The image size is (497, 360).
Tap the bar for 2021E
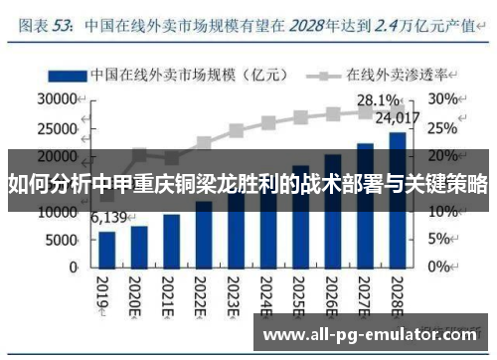(x=171, y=239)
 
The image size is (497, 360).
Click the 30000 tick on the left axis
(x=58, y=99)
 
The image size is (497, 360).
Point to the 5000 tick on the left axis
(x=63, y=241)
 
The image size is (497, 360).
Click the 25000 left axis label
(x=58, y=127)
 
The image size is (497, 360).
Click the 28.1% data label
(x=378, y=100)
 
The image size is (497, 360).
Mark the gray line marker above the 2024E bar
(x=267, y=123)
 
